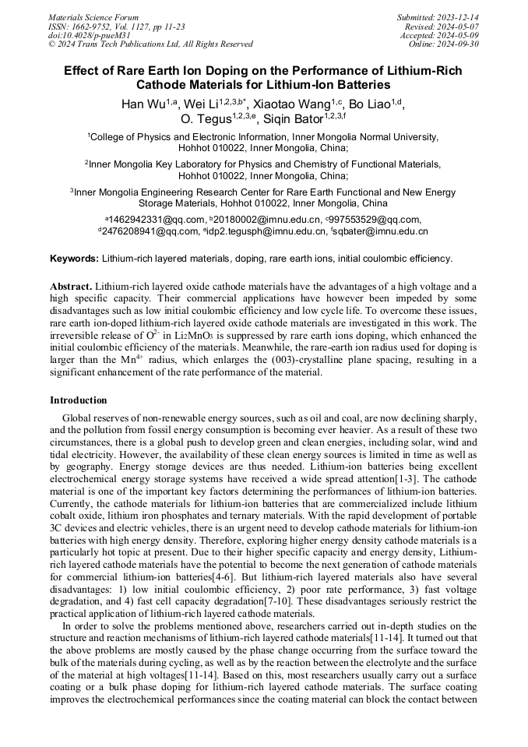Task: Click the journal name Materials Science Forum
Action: (x=93, y=17)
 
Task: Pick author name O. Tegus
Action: (x=206, y=119)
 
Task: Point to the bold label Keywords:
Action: (x=75, y=259)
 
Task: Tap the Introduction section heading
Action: (x=79, y=400)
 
